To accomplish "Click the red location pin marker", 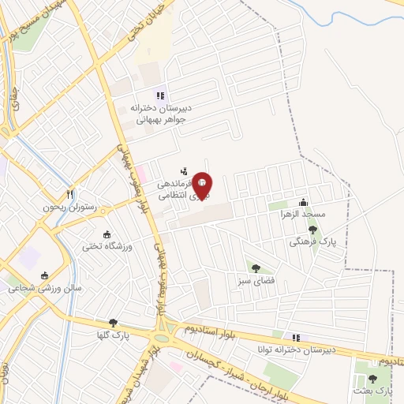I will [x=202, y=185].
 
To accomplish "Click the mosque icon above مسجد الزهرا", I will [x=304, y=201].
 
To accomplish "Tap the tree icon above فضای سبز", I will [x=254, y=267].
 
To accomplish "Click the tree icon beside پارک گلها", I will [x=113, y=322].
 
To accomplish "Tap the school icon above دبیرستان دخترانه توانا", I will [x=296, y=337].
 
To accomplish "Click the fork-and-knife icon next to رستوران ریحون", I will [x=70, y=193].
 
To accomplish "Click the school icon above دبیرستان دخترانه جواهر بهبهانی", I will [x=161, y=96].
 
